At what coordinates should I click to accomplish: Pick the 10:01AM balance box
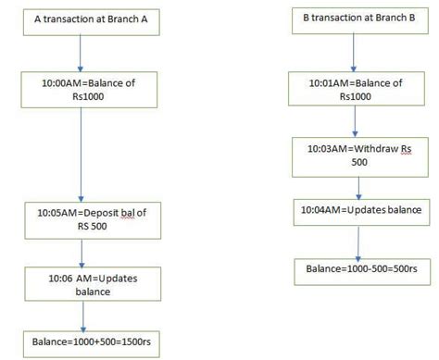pos(357,90)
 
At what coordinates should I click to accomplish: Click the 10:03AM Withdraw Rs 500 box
pos(357,154)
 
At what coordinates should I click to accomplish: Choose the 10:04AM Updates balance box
pos(357,210)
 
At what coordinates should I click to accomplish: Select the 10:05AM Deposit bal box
pos(83,219)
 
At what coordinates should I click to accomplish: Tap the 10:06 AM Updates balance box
pos(83,283)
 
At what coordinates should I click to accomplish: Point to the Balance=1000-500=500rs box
pos(357,268)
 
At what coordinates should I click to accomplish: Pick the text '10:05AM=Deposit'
pos(69,214)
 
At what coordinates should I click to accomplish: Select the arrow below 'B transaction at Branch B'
pos(357,55)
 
